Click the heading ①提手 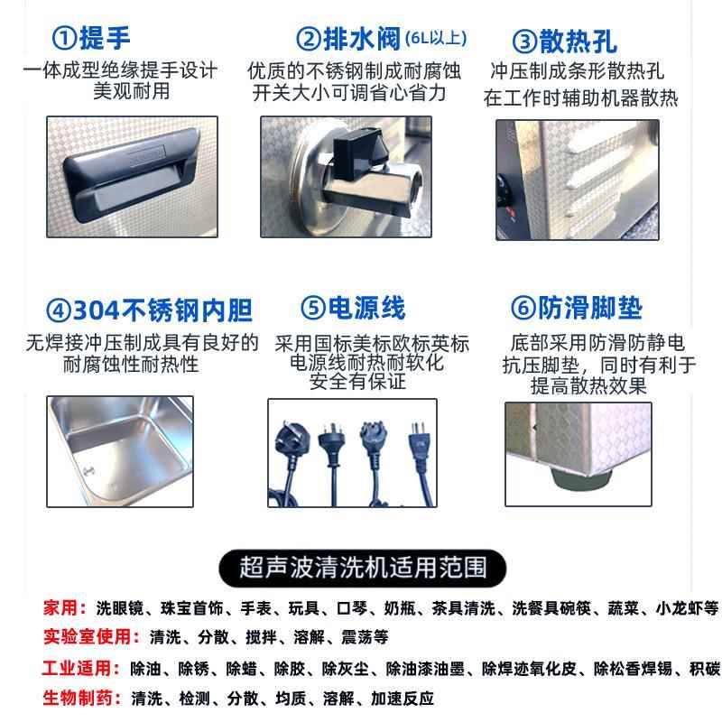pos(93,39)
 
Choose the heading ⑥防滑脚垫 pos(577,308)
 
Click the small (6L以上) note pos(438,38)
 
